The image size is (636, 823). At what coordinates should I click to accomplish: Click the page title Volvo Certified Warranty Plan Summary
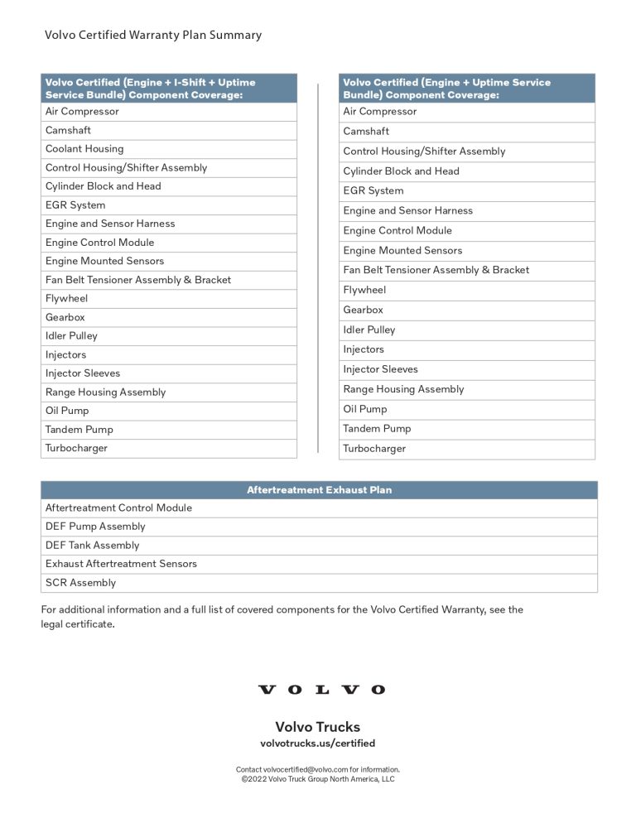point(153,36)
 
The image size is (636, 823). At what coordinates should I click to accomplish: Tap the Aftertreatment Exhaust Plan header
point(319,490)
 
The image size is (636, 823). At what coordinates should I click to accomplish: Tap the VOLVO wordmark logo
point(321,690)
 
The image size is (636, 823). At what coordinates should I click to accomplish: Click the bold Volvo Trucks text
point(318,727)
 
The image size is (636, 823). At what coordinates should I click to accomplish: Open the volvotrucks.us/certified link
point(318,744)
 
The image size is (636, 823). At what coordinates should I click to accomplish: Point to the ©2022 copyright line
point(318,779)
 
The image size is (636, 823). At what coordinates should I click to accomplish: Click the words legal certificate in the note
point(77,624)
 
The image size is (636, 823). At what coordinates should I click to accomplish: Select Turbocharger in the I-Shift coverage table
point(76,449)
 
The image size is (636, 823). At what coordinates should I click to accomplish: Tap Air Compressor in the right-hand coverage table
point(380,112)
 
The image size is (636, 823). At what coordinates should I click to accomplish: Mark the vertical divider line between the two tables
point(318,265)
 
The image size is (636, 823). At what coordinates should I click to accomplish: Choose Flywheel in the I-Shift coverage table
point(66,299)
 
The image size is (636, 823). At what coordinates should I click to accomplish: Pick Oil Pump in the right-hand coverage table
point(365,409)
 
